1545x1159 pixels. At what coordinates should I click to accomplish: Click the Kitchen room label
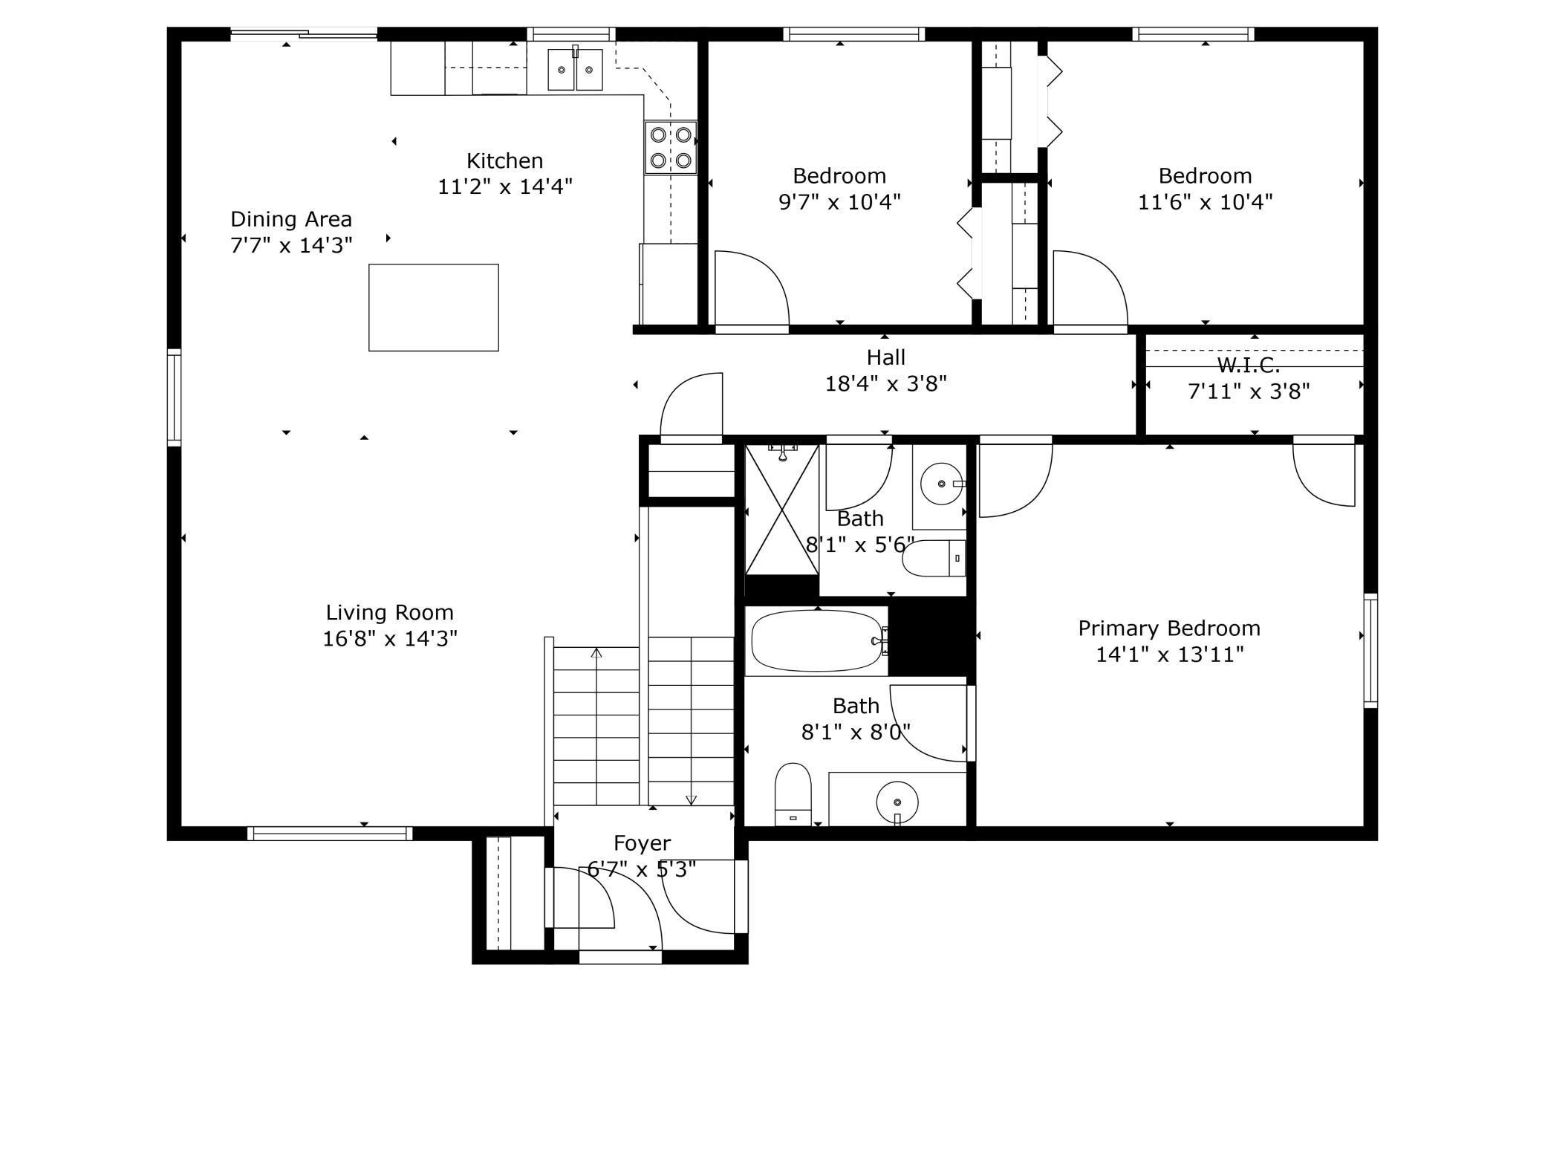504,160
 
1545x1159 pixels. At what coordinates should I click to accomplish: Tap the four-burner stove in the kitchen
671,147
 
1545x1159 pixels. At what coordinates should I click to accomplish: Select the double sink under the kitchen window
575,70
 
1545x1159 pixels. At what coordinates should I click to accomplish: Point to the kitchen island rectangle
433,307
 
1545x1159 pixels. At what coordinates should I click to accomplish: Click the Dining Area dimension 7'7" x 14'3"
291,244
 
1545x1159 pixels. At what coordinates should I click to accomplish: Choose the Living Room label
389,612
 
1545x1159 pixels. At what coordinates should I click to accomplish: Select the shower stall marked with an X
781,510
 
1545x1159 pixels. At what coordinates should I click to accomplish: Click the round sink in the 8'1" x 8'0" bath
897,802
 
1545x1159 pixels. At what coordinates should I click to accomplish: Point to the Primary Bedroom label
1168,629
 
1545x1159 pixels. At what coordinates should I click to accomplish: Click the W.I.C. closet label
1248,365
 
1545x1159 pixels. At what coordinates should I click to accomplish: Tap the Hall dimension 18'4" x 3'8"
885,384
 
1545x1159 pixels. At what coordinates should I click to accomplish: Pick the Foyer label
642,843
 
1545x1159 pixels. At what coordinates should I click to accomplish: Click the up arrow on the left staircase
596,653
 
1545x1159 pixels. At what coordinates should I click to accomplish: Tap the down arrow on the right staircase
691,799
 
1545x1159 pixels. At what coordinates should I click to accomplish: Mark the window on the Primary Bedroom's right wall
1370,651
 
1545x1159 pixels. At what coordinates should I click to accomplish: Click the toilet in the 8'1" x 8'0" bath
793,793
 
